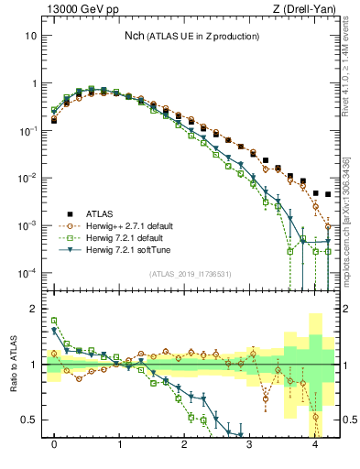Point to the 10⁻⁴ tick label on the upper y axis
coord(29,273)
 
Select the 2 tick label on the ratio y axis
coord(36,309)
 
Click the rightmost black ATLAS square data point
coord(328,194)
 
